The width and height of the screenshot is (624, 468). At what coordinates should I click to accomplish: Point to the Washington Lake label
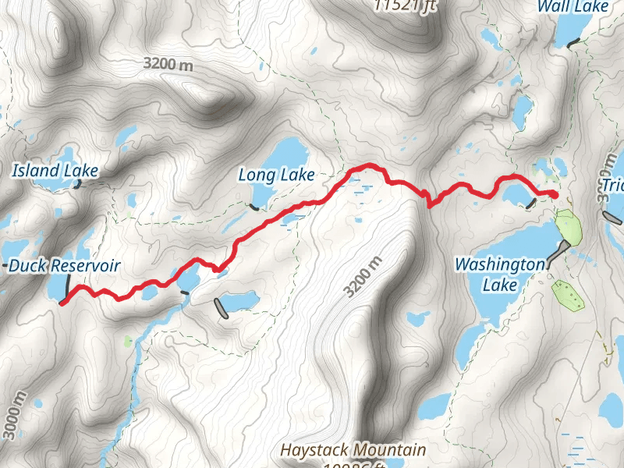(500, 275)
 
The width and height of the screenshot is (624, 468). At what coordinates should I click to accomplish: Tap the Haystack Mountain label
(353, 450)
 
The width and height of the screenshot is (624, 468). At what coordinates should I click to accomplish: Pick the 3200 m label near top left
(168, 65)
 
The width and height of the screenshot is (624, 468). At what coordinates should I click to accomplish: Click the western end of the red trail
(61, 304)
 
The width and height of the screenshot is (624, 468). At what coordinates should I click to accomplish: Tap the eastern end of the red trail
(555, 194)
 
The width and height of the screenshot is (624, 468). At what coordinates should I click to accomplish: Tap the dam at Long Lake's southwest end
(254, 207)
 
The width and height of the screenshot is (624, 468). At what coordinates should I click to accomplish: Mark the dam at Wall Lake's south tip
(575, 43)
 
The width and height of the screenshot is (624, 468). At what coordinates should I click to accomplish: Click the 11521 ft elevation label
(402, 5)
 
